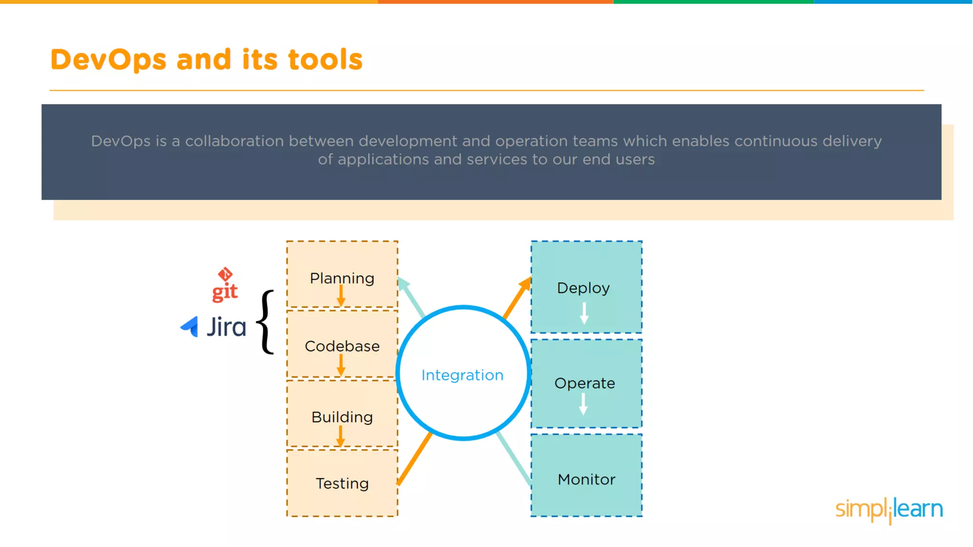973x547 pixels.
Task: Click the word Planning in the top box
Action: [x=342, y=278]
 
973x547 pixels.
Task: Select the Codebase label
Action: [x=342, y=346]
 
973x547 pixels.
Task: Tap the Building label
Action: [x=342, y=417]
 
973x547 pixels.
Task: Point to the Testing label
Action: [x=342, y=483]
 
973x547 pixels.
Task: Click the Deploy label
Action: [x=583, y=288]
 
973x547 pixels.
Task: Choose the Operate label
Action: [x=584, y=383]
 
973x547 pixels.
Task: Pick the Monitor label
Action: [x=586, y=480]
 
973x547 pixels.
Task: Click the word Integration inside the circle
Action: [x=462, y=375]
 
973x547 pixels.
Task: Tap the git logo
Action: [x=225, y=285]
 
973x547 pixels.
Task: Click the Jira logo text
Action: [x=226, y=327]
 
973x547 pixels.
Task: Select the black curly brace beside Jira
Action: [x=266, y=322]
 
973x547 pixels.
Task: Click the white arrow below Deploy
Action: [x=584, y=314]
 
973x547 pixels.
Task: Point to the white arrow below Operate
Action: [x=583, y=404]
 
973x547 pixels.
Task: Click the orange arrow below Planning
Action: [x=341, y=296]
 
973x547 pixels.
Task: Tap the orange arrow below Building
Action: [x=340, y=436]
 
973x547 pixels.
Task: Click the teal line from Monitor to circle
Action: [x=514, y=459]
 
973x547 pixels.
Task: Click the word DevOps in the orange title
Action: [x=108, y=60]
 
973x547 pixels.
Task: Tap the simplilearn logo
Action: [x=889, y=509]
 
